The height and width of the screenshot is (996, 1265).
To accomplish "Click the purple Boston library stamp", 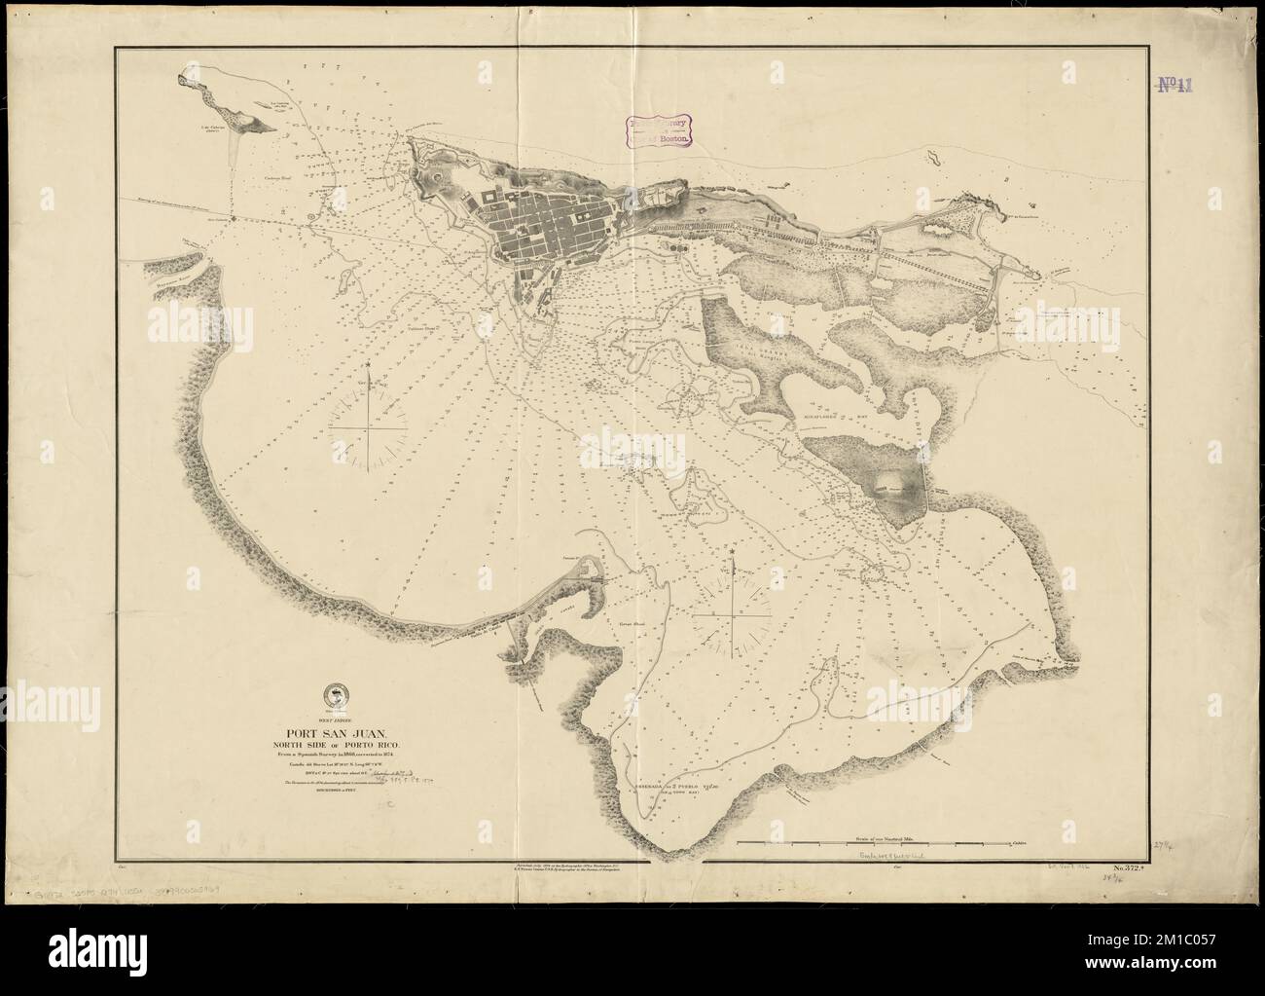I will [x=658, y=130].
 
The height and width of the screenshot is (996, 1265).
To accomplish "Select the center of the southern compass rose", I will [x=731, y=615].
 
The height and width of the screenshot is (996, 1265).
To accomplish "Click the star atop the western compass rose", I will [x=370, y=365].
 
